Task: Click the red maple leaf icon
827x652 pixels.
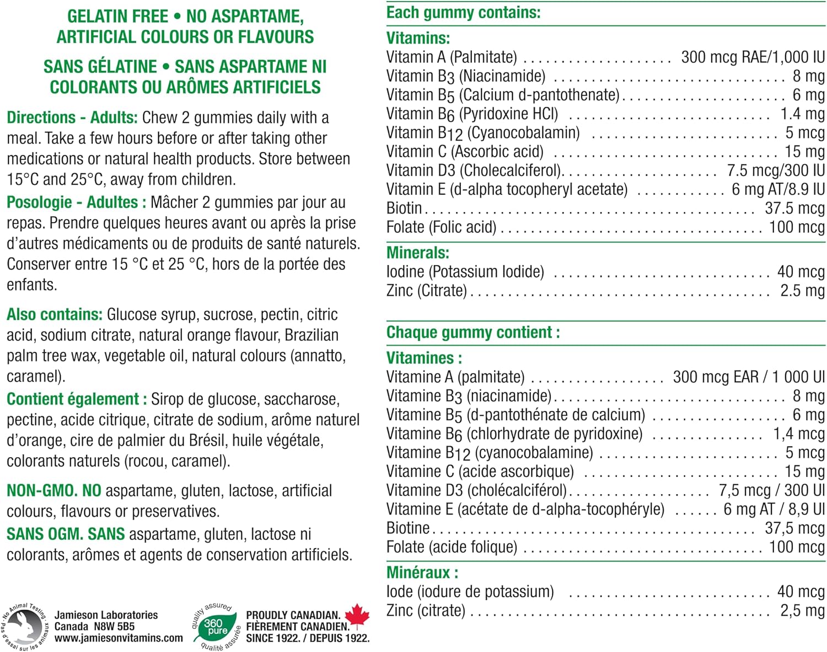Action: click(x=357, y=616)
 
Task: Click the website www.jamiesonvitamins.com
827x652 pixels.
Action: click(x=119, y=638)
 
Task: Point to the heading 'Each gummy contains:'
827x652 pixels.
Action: click(x=463, y=13)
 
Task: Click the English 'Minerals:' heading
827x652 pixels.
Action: click(x=418, y=253)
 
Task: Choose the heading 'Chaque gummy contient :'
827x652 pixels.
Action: click(x=473, y=332)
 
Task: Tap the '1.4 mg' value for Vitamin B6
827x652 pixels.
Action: click(x=802, y=114)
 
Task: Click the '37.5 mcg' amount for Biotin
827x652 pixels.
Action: click(x=794, y=209)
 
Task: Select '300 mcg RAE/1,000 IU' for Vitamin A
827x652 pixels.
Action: click(x=753, y=57)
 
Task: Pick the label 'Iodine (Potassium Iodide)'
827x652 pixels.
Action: click(x=465, y=272)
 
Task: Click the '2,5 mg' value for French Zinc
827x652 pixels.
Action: click(x=802, y=611)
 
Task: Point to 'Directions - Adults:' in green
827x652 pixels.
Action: click(x=72, y=118)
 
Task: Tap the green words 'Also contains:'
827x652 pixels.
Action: click(x=55, y=315)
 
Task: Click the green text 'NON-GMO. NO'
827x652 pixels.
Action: click(x=54, y=491)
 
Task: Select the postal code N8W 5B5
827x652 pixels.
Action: click(x=114, y=627)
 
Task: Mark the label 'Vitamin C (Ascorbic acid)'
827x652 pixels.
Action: click(x=465, y=152)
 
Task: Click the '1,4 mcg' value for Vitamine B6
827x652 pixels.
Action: click(x=798, y=434)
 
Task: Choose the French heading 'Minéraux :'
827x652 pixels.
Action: click(x=422, y=573)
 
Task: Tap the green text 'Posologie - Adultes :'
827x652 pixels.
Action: click(x=77, y=203)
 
